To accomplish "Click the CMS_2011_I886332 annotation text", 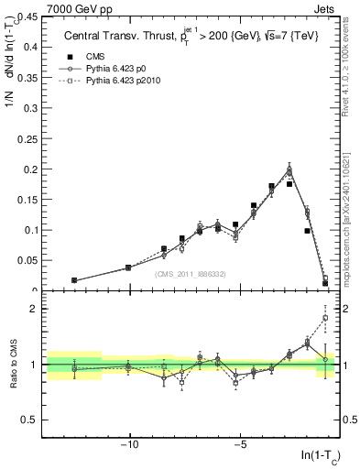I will [x=190, y=273].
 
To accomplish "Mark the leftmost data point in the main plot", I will [x=74, y=280].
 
